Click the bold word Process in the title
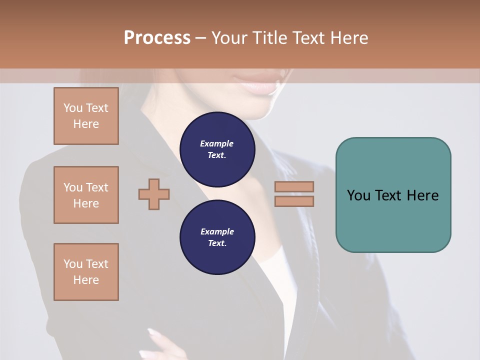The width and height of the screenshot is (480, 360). pos(157,38)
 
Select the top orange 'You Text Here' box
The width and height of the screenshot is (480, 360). pos(86,116)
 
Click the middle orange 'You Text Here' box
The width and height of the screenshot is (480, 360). pos(86,195)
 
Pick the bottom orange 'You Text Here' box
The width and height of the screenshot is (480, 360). pos(86,272)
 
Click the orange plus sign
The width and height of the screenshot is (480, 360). pos(154,194)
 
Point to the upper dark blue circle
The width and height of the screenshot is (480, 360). pos(217,149)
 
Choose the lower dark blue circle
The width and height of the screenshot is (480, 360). pos(217,237)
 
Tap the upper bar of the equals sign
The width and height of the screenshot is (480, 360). pos(294,186)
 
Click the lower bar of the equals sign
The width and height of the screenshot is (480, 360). pos(294,201)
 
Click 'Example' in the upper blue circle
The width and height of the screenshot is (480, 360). pos(217,143)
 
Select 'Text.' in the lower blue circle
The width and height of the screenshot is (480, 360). pos(217,243)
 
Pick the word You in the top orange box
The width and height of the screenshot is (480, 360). pos(72,108)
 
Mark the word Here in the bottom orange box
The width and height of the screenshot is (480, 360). pos(86,280)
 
